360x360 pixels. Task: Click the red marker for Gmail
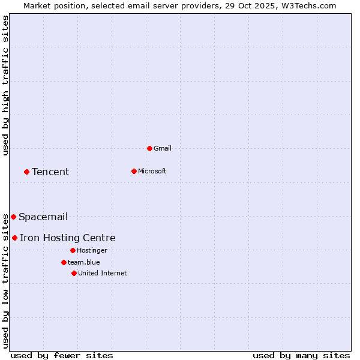tap(149, 148)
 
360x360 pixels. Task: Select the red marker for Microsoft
tap(134, 171)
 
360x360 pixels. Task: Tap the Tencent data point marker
tap(26, 172)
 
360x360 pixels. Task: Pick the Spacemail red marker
tap(13, 217)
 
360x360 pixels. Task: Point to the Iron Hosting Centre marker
tap(14, 238)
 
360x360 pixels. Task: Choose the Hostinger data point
tap(73, 250)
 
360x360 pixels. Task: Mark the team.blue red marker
tap(64, 262)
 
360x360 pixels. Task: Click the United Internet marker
tap(74, 273)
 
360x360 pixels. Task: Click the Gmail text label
tap(163, 148)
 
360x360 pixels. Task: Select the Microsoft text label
tap(152, 171)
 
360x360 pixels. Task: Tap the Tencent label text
tap(50, 172)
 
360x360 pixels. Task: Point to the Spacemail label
tap(43, 217)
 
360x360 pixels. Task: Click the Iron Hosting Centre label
tap(67, 238)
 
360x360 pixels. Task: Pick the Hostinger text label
tap(92, 250)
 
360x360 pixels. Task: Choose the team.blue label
tap(84, 262)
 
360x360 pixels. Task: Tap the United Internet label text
tap(102, 273)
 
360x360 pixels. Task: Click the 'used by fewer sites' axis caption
tap(62, 355)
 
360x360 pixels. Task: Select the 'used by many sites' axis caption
tap(301, 355)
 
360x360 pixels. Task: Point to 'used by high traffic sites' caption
tap(5, 85)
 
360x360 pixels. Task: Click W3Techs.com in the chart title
tap(308, 5)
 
